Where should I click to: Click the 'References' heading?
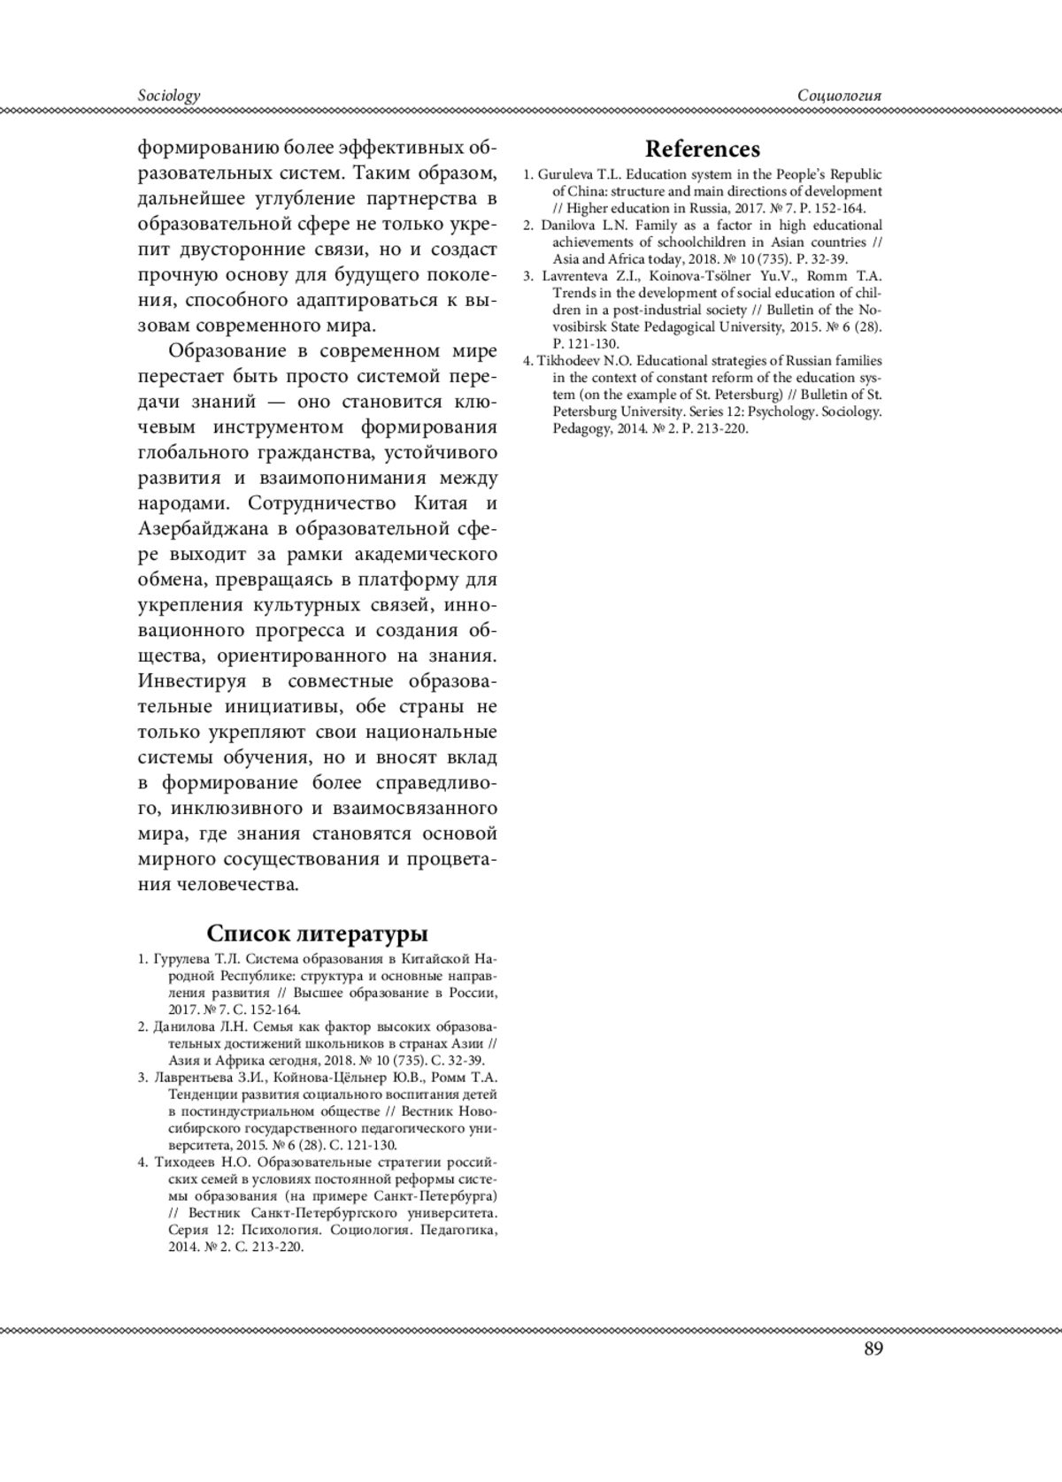coord(702,149)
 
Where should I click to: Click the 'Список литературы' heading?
coord(317,933)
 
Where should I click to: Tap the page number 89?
coord(873,1348)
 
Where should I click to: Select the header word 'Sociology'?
coord(169,96)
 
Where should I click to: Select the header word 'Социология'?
coord(839,96)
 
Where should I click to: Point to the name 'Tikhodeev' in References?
coord(567,361)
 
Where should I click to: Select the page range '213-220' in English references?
coord(726,429)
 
